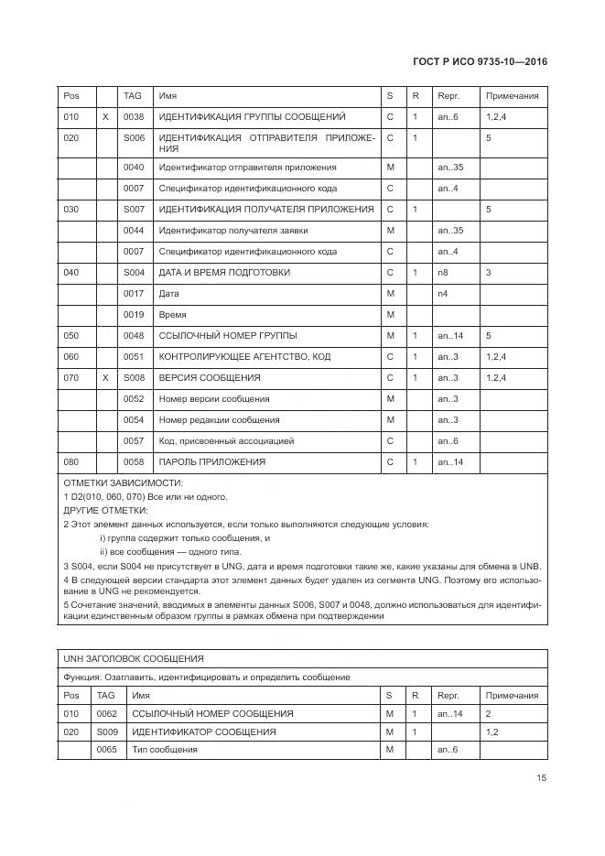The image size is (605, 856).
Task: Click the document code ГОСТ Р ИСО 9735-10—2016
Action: (x=481, y=62)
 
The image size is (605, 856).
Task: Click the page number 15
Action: (x=542, y=779)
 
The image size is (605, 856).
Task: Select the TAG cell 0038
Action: (x=134, y=117)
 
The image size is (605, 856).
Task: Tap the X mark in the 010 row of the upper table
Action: (x=105, y=117)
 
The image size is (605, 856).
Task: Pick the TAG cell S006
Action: (x=134, y=137)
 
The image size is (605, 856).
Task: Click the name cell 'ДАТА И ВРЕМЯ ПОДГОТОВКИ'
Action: (x=224, y=273)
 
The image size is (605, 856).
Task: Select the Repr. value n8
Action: (x=443, y=273)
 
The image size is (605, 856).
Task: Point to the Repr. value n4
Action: (x=443, y=294)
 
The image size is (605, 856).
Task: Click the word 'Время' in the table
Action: (x=173, y=315)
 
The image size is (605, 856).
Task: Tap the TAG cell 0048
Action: (x=134, y=336)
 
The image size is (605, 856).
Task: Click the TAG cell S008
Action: (x=134, y=378)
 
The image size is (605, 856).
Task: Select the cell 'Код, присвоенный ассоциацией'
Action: (x=226, y=441)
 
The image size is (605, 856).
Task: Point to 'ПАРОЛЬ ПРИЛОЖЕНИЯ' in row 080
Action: (x=212, y=462)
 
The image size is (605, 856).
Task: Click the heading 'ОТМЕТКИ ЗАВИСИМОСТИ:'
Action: (x=123, y=482)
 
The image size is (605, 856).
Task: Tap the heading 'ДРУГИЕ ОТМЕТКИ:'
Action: (x=105, y=510)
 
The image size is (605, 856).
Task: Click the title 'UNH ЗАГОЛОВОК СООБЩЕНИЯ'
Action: (x=134, y=659)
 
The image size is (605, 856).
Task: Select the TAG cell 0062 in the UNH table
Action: (x=107, y=713)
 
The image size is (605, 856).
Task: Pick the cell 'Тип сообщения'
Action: (x=165, y=750)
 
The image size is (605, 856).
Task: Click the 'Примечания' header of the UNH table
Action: (x=512, y=696)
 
